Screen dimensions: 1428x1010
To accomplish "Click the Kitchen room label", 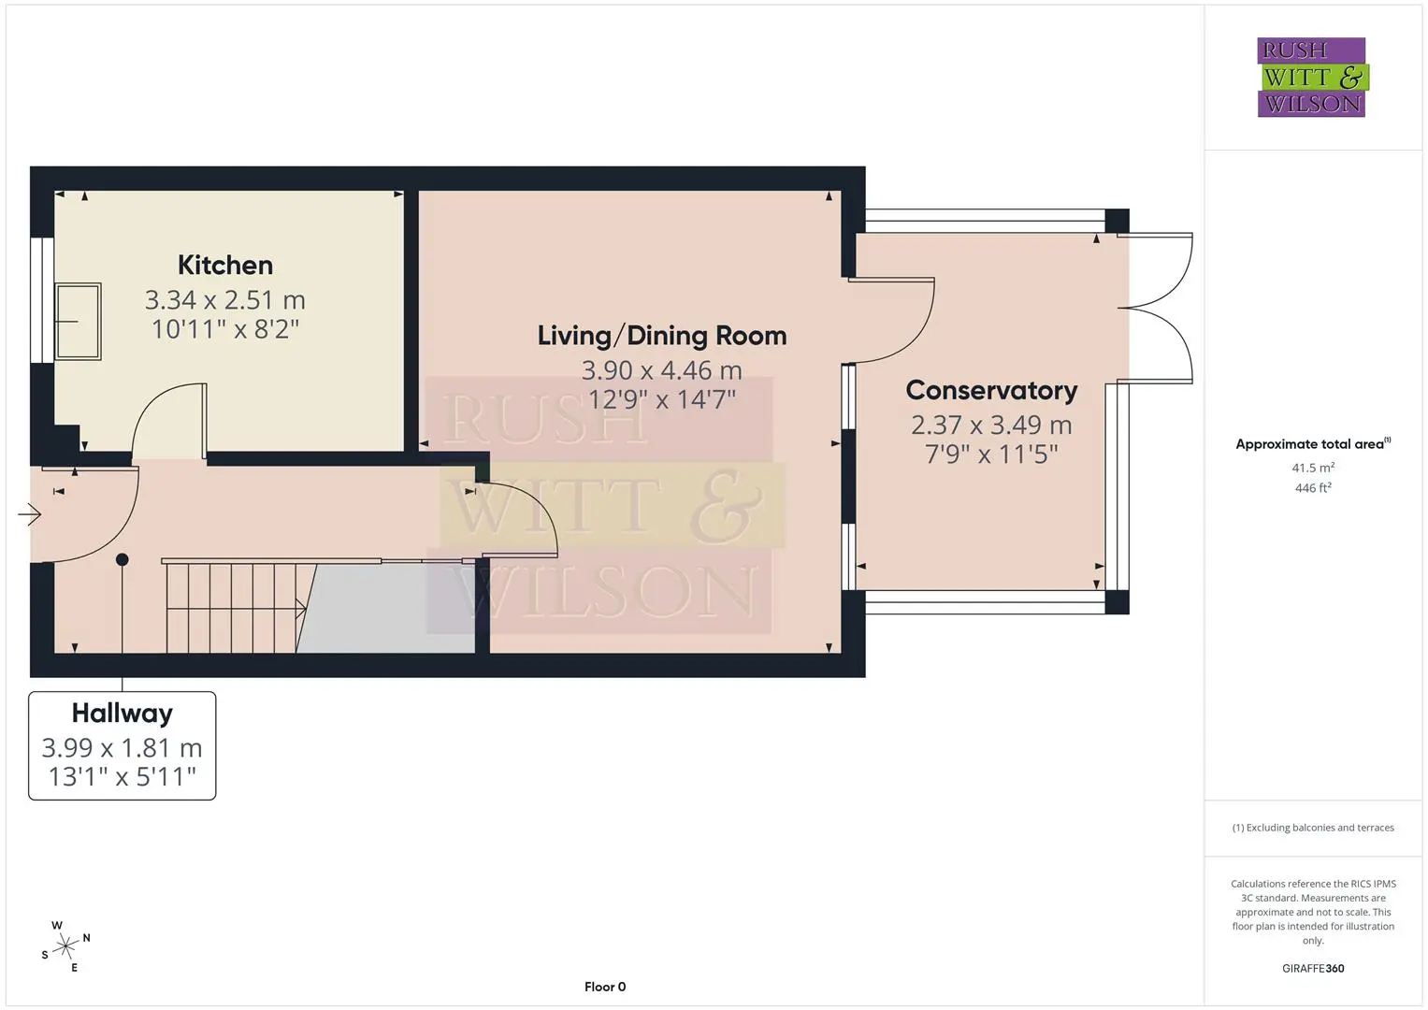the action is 225,266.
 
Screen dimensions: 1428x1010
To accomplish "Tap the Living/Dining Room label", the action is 662,336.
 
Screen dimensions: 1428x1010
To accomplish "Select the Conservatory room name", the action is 991,390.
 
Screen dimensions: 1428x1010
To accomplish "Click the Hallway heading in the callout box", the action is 122,714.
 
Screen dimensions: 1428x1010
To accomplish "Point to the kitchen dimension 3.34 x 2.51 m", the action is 225,299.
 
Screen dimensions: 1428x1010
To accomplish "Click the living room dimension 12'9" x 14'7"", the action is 662,400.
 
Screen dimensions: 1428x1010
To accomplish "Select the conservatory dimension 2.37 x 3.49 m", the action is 991,425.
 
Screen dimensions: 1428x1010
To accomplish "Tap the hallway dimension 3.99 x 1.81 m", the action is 122,747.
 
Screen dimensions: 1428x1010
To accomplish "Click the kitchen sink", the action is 78,322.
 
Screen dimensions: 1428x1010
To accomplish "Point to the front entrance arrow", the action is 29,514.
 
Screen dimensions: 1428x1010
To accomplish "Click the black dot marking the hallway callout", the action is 123,560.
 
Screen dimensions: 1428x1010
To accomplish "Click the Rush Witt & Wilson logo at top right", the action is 1313,77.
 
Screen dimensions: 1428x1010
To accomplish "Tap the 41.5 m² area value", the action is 1313,468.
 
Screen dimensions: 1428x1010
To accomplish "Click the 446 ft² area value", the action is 1313,488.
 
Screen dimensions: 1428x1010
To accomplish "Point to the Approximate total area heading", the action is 1313,444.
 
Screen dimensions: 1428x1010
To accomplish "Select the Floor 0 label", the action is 605,987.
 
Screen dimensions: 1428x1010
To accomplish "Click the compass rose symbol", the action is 65,946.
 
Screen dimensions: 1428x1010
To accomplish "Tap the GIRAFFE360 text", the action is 1313,969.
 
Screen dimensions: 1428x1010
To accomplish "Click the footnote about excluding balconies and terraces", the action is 1313,828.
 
